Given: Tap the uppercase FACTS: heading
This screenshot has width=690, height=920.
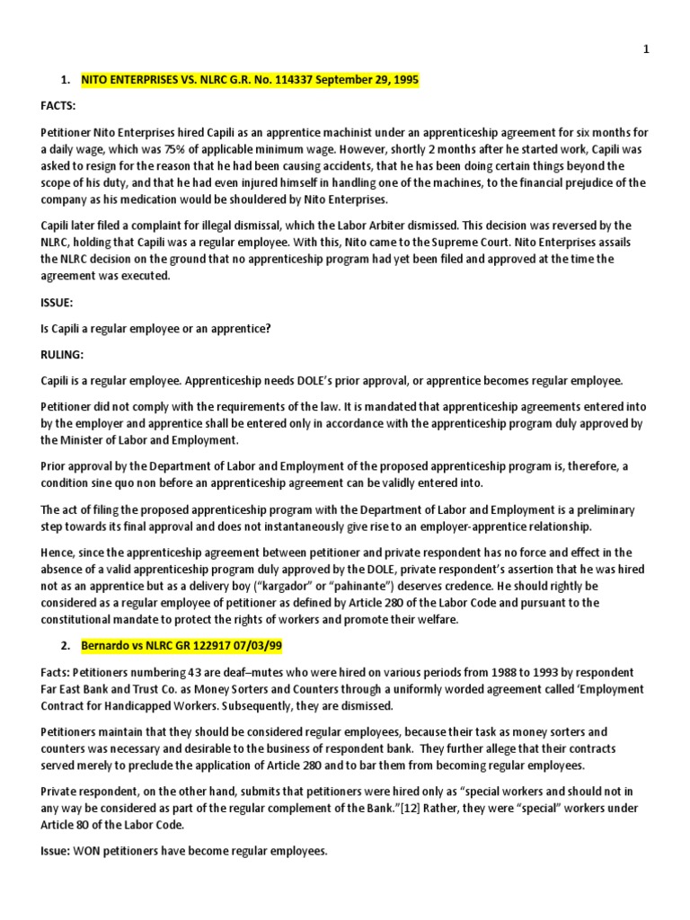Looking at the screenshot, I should pyautogui.click(x=58, y=106).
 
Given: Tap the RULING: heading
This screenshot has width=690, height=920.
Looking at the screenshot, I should pyautogui.click(x=61, y=354).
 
